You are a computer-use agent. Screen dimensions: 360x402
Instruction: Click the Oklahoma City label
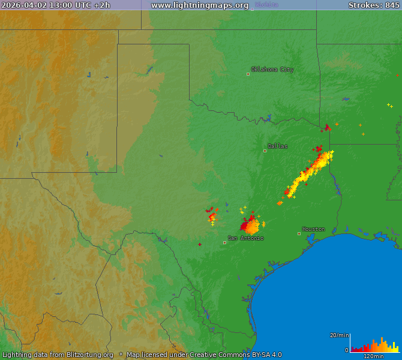(272, 70)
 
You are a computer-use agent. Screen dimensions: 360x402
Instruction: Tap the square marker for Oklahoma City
(248, 74)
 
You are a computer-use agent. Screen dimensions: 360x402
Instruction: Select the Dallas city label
(277, 146)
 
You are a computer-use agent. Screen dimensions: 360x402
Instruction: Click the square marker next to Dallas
(265, 151)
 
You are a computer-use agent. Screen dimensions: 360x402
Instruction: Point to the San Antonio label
(245, 238)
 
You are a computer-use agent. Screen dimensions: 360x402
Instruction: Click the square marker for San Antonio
(224, 242)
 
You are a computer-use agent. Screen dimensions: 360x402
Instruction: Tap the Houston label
(313, 229)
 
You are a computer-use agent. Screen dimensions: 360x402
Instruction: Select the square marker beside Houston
(299, 233)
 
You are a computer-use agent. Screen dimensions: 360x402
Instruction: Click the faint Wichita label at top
(266, 5)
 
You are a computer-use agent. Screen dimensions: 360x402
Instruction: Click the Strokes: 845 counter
(374, 5)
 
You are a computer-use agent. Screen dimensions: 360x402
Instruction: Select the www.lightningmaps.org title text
(200, 5)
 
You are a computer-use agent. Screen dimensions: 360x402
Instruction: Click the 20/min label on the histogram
(339, 335)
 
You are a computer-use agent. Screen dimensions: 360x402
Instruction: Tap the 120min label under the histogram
(374, 356)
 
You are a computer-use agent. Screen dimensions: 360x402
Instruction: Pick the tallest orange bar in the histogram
(382, 344)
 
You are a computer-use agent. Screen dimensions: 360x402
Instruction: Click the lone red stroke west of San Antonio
(200, 244)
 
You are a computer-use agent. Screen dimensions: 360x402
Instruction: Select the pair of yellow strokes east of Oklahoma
(390, 106)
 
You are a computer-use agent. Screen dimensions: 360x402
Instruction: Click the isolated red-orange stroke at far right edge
(397, 76)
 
